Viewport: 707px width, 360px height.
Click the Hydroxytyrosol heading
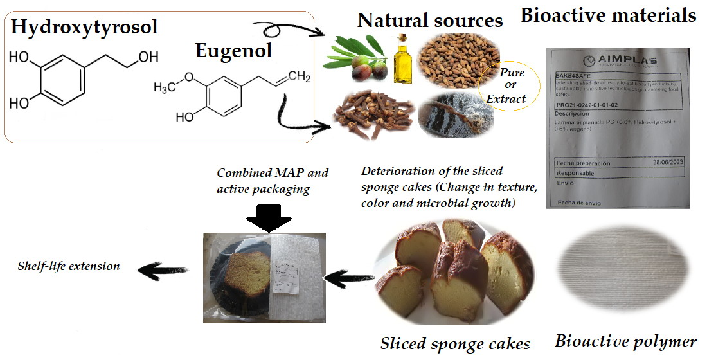(x=84, y=27)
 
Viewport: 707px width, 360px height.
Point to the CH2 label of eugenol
(x=299, y=78)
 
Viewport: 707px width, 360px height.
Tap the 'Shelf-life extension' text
(x=69, y=265)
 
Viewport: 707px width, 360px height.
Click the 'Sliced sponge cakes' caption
(x=455, y=343)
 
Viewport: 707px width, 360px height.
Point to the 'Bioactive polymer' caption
(x=625, y=341)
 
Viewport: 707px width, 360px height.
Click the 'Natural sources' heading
(x=430, y=20)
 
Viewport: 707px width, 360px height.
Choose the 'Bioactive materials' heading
(x=608, y=15)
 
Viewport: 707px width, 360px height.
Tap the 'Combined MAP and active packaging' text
(x=273, y=180)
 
